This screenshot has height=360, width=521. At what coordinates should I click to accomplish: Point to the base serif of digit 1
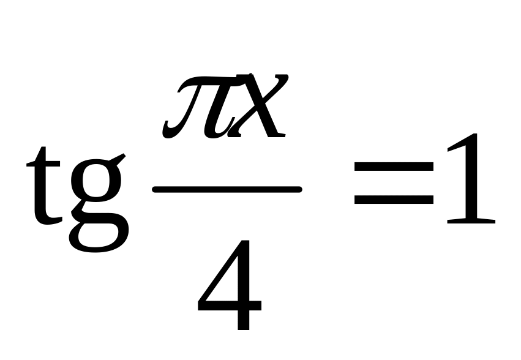pyautogui.click(x=470, y=222)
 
